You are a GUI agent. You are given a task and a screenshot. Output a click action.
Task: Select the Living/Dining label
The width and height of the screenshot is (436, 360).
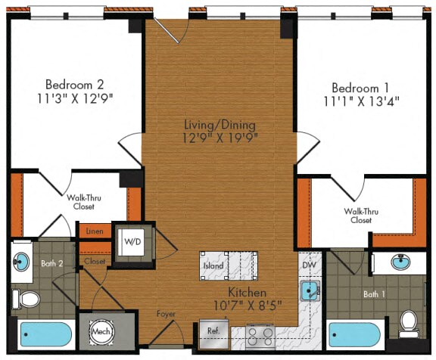[x=220, y=124]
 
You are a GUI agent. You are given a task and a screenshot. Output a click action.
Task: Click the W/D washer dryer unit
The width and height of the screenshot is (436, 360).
[x=132, y=241]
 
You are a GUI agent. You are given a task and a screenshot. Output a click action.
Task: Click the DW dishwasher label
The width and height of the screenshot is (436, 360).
[x=308, y=265]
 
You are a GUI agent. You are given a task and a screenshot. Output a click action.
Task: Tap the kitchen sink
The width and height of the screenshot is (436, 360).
[x=310, y=291]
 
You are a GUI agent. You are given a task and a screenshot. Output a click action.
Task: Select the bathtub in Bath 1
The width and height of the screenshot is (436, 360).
[x=354, y=334]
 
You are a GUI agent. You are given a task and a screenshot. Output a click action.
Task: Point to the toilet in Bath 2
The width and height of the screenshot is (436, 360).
[x=28, y=299]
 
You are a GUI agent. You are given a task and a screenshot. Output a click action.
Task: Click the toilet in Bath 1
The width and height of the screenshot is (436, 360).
[x=409, y=322]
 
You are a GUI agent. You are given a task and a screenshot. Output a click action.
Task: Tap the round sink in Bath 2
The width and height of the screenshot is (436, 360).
[x=21, y=261]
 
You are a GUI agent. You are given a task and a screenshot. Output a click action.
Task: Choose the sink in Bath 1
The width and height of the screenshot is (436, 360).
[x=401, y=262]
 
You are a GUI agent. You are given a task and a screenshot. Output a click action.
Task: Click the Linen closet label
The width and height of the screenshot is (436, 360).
[x=95, y=231]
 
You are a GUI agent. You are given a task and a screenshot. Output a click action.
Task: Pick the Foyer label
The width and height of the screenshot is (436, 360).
[x=166, y=313]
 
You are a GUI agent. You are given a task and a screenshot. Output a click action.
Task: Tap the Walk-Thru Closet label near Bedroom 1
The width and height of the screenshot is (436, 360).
[x=358, y=216]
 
